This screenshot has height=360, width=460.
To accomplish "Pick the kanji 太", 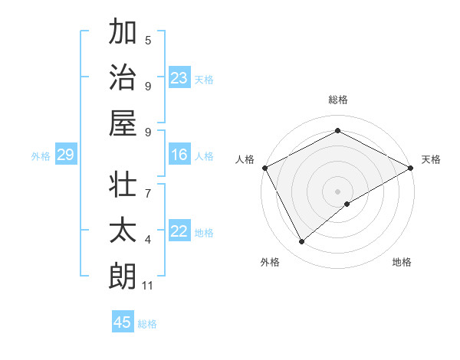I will (123, 231).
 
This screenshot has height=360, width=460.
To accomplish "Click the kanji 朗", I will (123, 277).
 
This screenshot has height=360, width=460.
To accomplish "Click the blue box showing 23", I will (179, 77).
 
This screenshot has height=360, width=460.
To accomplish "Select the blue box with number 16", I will (179, 155).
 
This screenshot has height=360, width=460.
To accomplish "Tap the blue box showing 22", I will (179, 232).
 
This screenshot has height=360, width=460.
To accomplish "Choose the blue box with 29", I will (65, 155).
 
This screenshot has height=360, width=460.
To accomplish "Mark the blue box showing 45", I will (123, 322).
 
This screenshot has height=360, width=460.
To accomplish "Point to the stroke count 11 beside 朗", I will (148, 286).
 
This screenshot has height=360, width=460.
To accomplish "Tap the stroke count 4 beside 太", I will (148, 240).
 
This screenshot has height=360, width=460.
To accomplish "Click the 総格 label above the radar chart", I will (337, 100).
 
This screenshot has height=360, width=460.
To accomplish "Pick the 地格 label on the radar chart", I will (402, 262).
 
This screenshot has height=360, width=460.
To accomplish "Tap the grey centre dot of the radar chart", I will (337, 191).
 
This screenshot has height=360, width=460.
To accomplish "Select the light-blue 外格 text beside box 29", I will (41, 156).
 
